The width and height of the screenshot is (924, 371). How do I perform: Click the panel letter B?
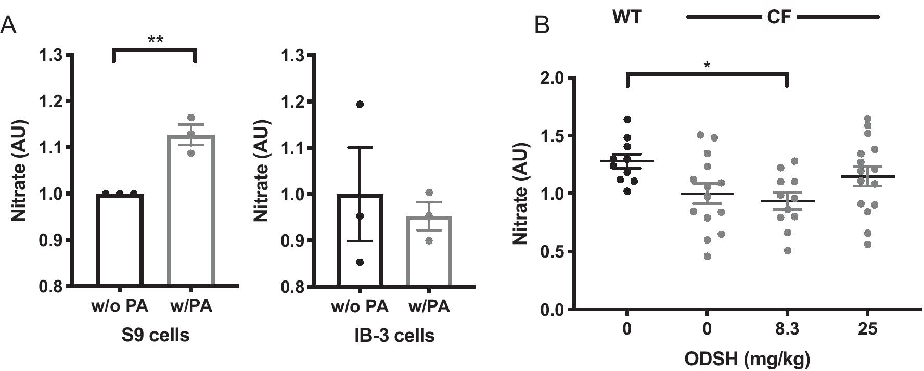[x=542, y=24]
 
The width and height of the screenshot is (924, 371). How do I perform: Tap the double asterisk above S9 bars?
[x=155, y=40]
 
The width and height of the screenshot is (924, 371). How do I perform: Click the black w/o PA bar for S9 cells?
[x=119, y=239]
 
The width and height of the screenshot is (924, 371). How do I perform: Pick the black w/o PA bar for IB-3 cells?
[x=360, y=239]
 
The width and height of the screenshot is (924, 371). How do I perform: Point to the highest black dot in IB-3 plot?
[x=360, y=105]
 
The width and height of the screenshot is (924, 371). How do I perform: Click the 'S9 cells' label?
[x=155, y=336]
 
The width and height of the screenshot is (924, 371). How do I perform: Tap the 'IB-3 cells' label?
[x=394, y=336]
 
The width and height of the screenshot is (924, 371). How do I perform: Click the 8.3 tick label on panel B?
[x=787, y=329]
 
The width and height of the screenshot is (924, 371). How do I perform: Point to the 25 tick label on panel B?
[x=868, y=329]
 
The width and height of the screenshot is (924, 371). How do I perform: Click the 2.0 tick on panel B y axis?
[x=553, y=78]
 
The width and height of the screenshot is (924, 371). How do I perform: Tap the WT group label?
[x=627, y=17]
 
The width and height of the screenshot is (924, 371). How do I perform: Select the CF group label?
[x=779, y=17]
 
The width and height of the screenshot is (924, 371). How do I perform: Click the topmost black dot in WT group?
[x=627, y=120]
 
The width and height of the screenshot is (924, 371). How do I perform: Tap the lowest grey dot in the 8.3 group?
[x=787, y=251]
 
